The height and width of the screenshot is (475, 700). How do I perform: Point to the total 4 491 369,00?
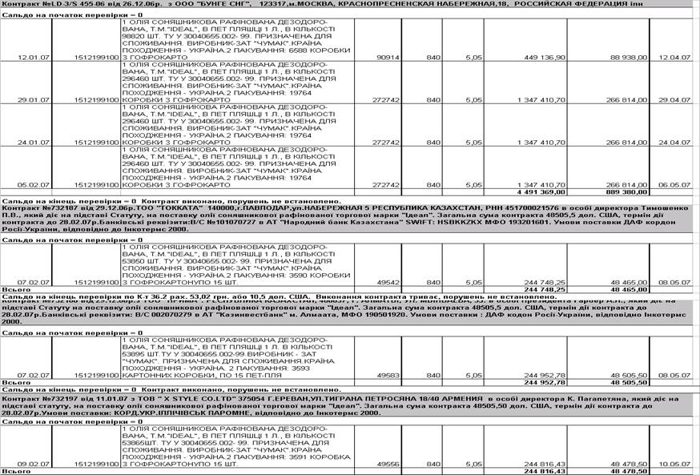pos(539,192)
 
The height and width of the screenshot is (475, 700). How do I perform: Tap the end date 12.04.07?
pos(675,58)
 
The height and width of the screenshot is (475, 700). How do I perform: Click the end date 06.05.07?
pos(675,185)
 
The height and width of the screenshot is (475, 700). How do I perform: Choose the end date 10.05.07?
pos(675,464)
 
